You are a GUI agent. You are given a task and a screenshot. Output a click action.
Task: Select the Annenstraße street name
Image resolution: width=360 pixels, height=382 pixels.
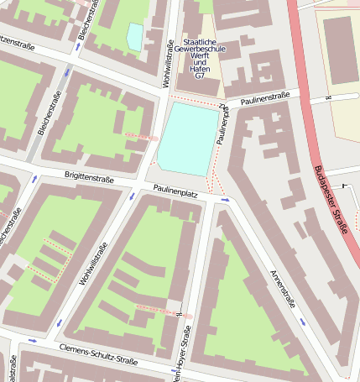coord(284,290)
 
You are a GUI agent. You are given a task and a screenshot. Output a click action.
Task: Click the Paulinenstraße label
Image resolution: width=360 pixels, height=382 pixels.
coord(263,99)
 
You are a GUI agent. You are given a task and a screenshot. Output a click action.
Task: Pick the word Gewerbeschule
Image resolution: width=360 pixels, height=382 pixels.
coord(199,50)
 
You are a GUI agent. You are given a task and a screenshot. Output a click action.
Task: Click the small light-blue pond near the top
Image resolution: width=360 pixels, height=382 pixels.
coord(134,35)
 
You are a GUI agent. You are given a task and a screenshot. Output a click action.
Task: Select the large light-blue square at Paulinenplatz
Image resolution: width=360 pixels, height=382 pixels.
coord(189,139)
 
